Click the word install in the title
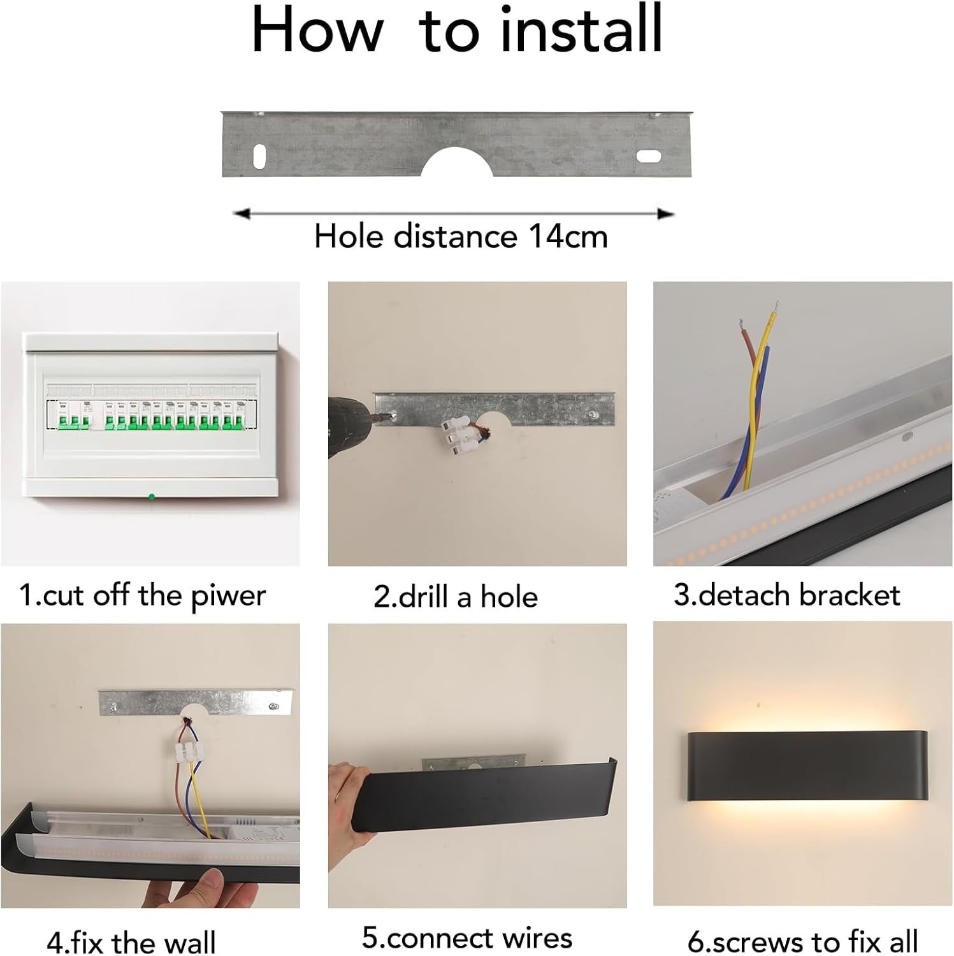581,29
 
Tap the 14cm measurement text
568,236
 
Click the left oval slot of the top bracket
260,156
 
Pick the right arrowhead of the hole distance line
666,214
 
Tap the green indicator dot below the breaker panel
152,497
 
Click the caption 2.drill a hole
456,597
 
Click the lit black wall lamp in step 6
807,774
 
